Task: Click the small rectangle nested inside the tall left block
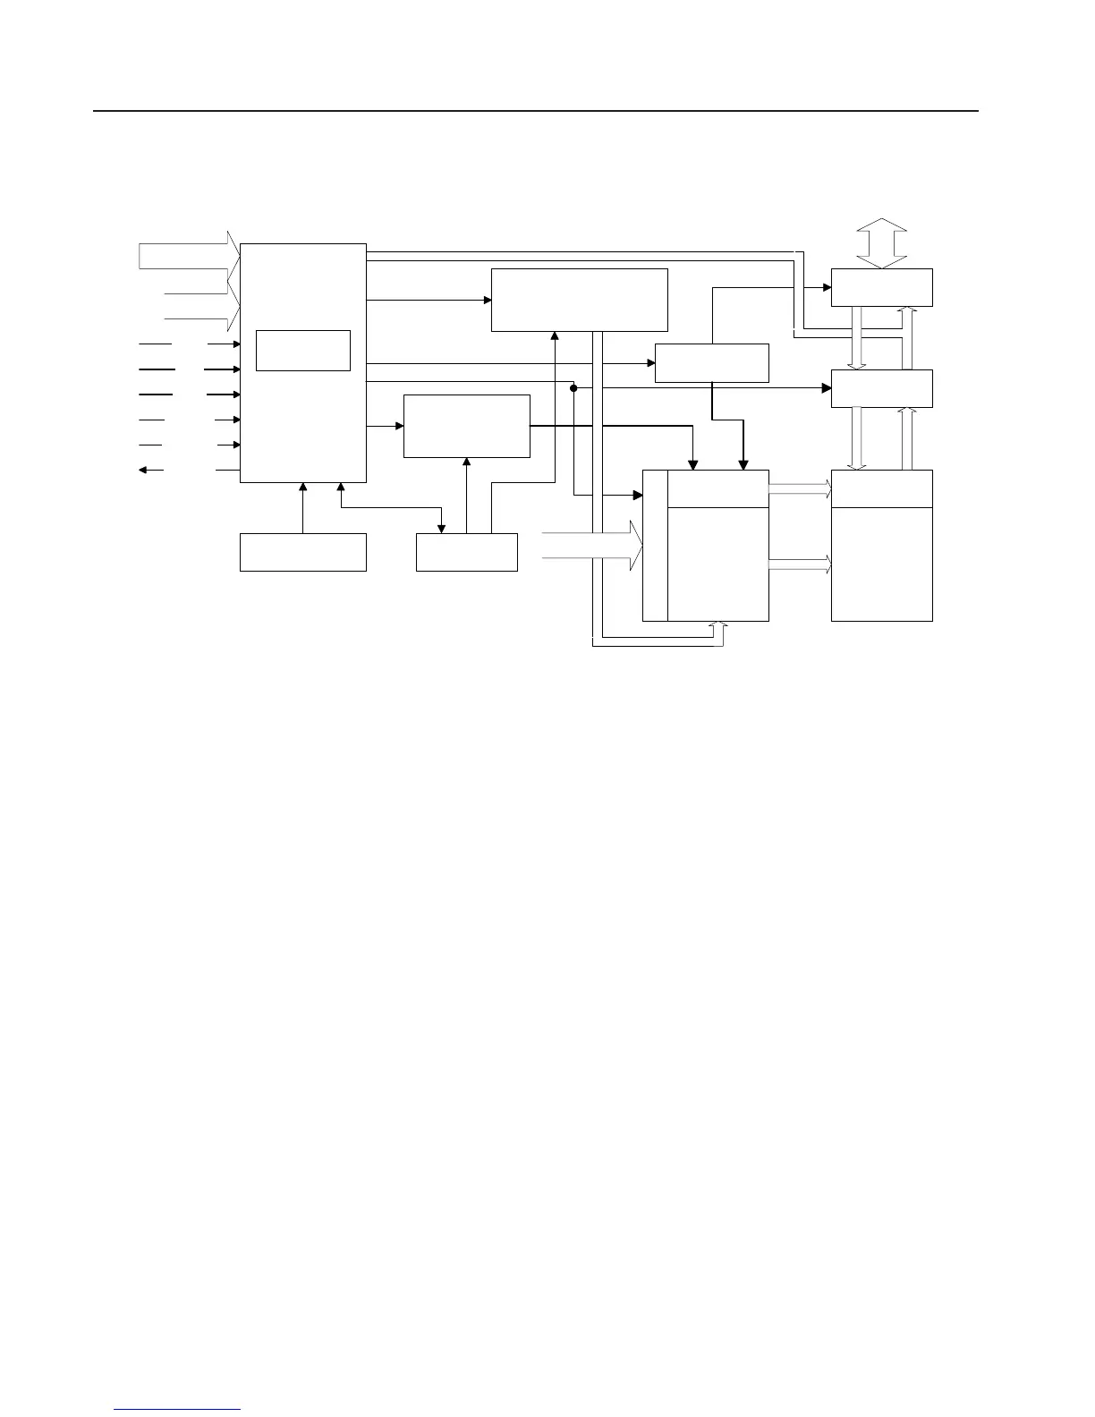302,350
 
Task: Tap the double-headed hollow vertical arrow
881,242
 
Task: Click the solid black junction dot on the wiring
573,388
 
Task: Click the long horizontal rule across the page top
537,112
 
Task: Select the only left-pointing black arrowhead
144,470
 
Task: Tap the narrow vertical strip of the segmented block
655,545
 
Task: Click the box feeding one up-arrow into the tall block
302,552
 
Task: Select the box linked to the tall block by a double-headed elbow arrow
466,552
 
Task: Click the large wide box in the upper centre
579,300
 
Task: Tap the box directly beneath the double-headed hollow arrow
881,287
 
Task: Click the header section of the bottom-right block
881,488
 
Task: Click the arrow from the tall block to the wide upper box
429,300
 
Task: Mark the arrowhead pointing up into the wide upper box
555,336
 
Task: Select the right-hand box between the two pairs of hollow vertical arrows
881,388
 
